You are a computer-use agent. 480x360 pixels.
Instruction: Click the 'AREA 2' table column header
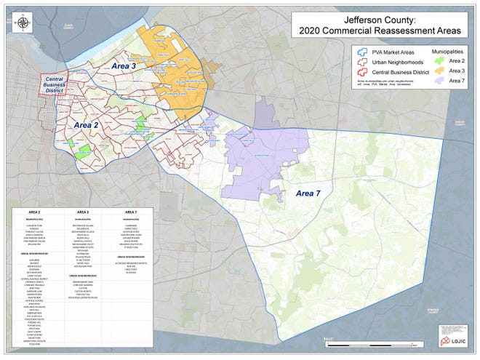36,212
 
